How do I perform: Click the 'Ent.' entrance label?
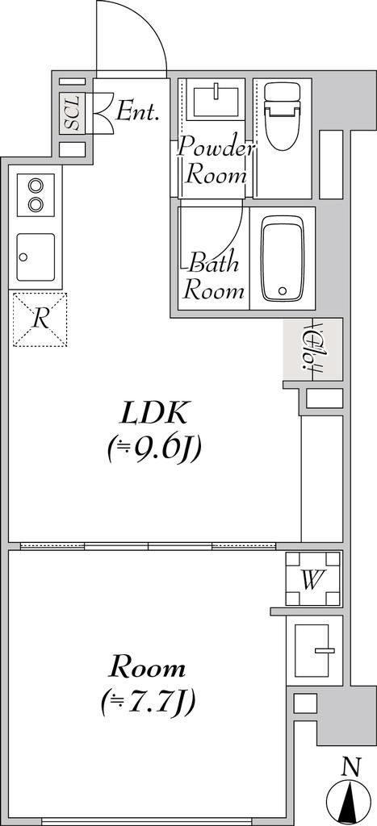point(137,111)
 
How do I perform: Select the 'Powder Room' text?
point(216,161)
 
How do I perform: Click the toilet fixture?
point(282,118)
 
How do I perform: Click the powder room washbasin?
point(214,100)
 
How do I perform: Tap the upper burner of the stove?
point(36,185)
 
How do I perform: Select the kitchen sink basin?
point(36,256)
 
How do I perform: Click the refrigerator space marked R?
point(40,319)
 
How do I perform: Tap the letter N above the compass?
point(350,768)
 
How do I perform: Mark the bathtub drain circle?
point(282,290)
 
